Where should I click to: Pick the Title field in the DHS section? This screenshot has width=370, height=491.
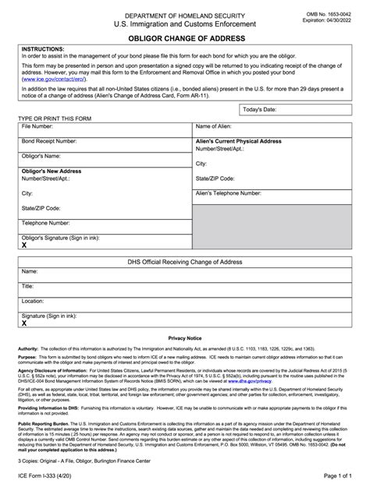(x=28, y=286)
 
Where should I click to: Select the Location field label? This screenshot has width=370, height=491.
(x=33, y=300)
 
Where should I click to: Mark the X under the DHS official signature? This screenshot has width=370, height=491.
(x=24, y=322)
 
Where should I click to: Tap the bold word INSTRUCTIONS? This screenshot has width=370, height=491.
(x=43, y=48)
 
